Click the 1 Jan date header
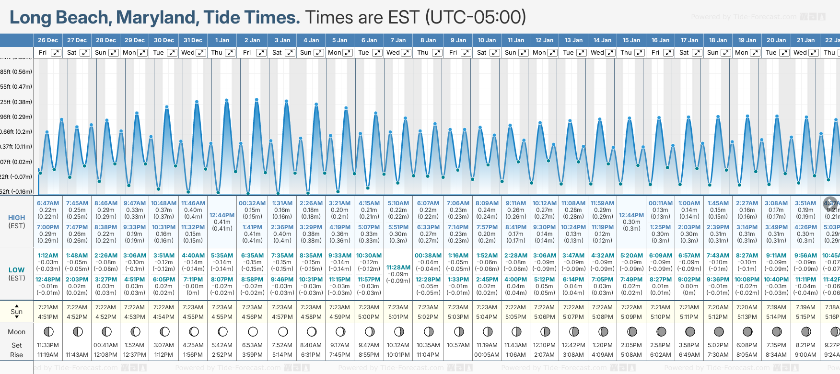tap(222, 40)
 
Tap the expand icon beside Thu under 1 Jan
tap(230, 53)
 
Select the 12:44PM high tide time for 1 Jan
tap(222, 215)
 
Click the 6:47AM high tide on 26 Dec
tap(48, 203)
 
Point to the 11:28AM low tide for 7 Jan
tap(398, 268)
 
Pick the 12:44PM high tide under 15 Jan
tap(631, 215)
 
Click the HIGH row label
tap(17, 218)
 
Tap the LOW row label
tap(17, 270)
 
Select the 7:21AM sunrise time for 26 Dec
tap(48, 307)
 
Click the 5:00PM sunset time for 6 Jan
tap(369, 317)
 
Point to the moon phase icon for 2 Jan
tap(253, 331)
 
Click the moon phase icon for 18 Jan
tap(719, 331)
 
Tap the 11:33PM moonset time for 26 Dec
tap(48, 345)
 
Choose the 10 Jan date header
tap(487, 40)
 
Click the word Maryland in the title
tap(157, 17)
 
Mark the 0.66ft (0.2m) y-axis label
tap(16, 132)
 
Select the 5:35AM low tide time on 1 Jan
tap(222, 256)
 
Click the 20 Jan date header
tap(776, 40)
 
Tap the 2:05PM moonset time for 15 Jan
tap(631, 345)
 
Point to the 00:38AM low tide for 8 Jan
tap(428, 256)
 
